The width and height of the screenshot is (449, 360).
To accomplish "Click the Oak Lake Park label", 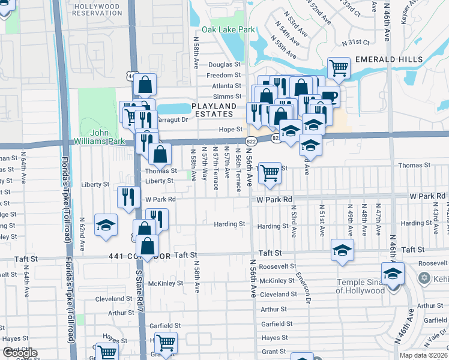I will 228,30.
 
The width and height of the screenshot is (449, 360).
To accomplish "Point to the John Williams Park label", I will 107,137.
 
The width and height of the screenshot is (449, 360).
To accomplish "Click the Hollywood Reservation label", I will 96,9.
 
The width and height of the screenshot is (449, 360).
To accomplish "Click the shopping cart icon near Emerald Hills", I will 339,68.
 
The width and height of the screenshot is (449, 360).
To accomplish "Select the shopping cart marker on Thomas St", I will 270,173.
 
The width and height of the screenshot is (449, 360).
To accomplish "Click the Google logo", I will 20,353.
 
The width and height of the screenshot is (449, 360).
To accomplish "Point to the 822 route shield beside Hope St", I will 251,140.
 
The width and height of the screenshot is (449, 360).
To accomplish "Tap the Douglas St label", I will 224,65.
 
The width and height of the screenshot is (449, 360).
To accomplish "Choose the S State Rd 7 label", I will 139,290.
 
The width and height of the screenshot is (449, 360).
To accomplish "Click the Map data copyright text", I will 423,355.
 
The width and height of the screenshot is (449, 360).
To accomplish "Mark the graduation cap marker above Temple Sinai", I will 393,274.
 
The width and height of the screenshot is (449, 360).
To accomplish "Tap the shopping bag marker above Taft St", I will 148,245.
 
